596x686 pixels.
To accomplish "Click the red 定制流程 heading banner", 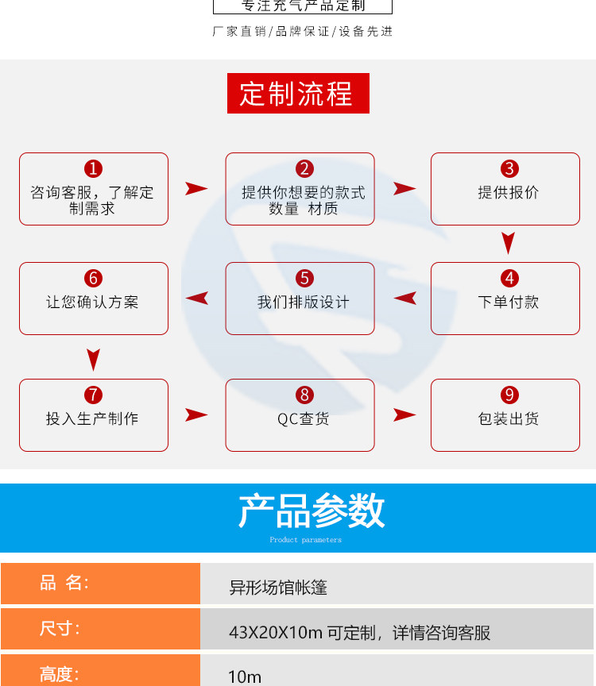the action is point(298,94).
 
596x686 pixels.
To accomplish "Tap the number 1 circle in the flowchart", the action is point(94,168).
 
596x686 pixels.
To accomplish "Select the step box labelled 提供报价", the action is point(505,189).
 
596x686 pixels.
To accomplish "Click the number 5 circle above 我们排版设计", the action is point(305,278).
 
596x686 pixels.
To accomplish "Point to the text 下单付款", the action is point(509,303).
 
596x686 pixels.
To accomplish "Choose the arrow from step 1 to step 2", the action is point(196,189).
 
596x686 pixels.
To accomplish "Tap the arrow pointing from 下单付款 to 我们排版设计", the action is point(405,299).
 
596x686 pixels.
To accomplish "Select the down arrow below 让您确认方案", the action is point(94,359).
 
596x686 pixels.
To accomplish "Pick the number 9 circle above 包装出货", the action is point(509,395).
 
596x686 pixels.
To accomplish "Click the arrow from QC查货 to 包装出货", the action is point(404,414).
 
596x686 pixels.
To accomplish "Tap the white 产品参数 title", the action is point(312,511).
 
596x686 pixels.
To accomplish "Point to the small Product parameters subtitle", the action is point(305,540).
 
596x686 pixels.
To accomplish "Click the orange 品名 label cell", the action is point(100,584).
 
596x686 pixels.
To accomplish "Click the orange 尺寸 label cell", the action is point(100,629).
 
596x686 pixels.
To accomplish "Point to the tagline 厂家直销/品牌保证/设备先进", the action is point(303,32).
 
